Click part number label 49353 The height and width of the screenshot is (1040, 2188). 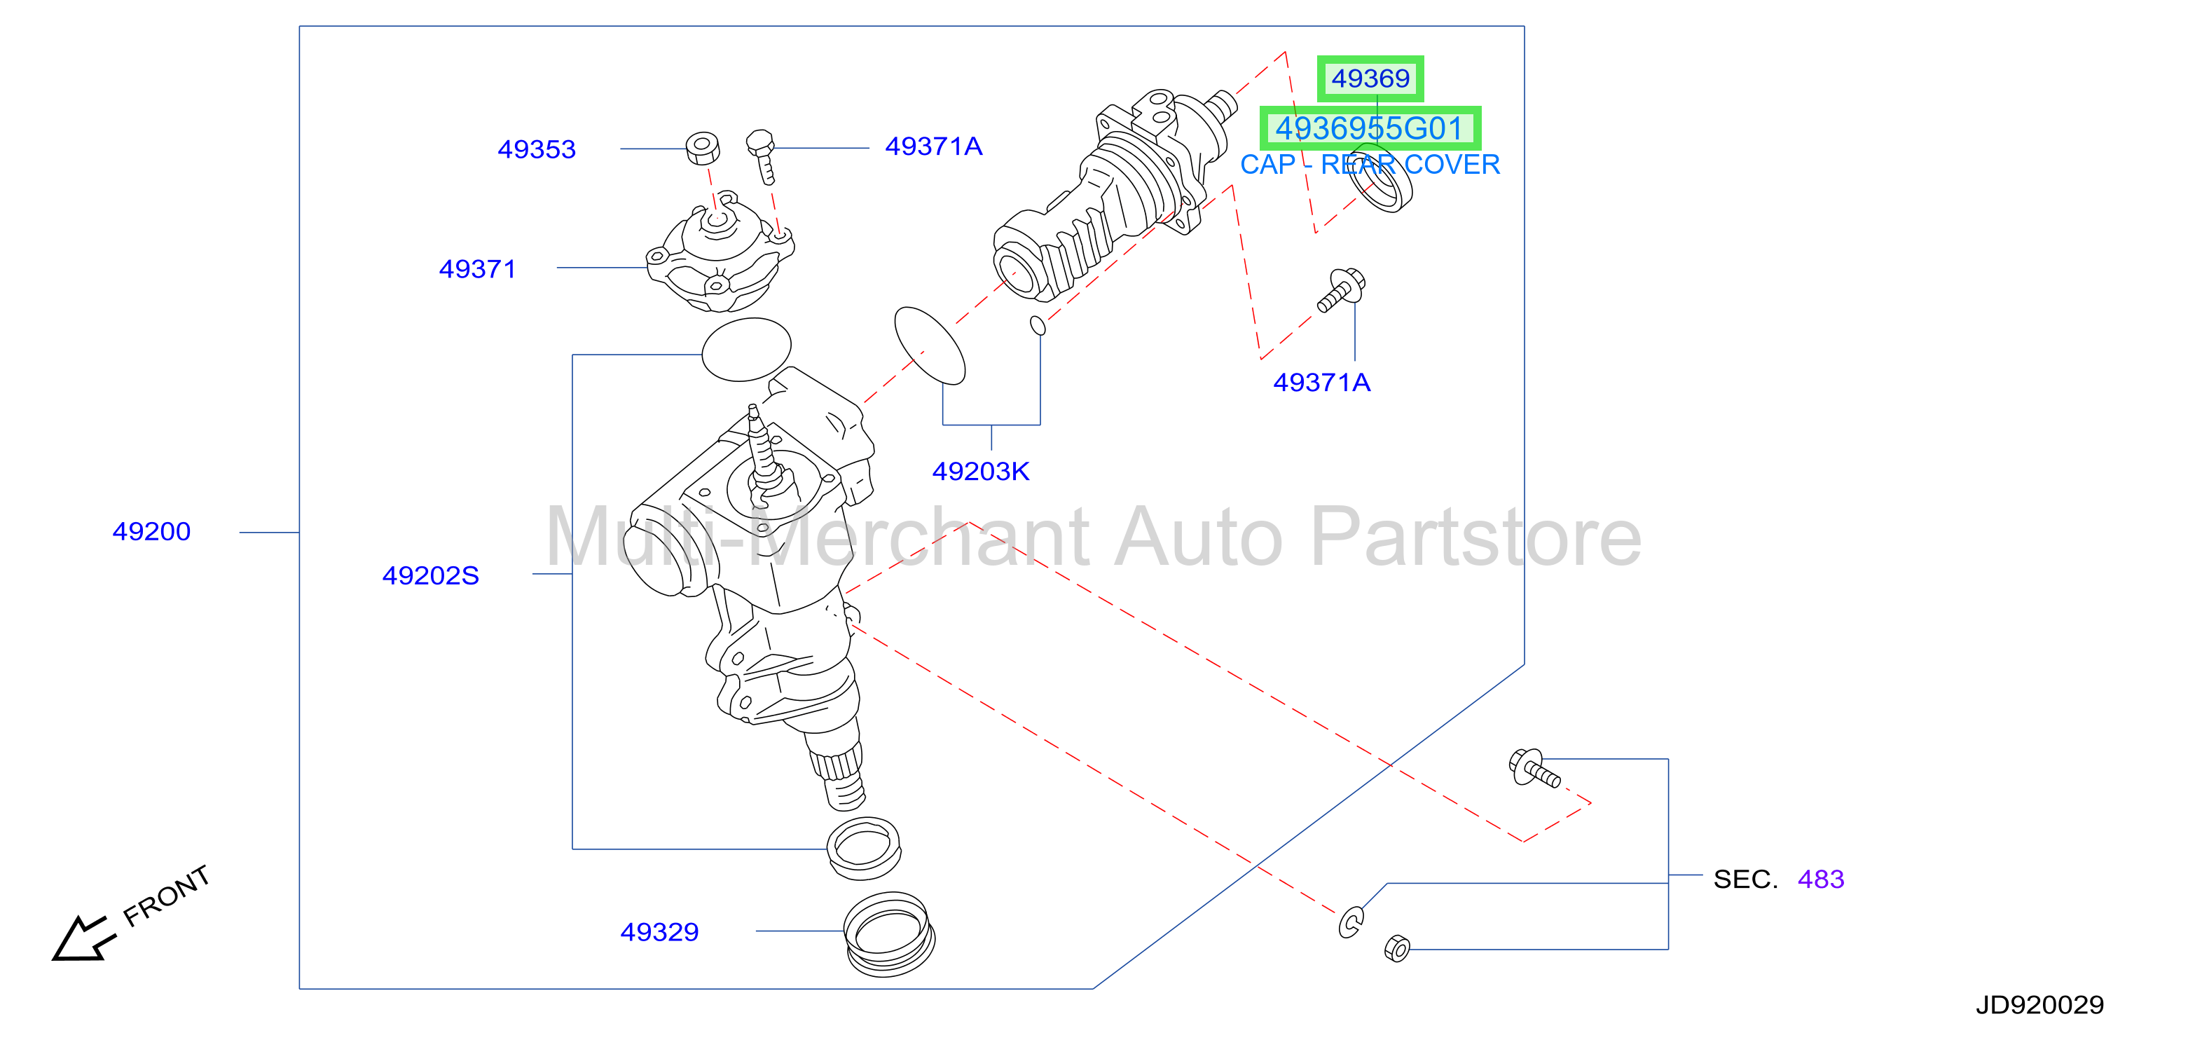point(536,149)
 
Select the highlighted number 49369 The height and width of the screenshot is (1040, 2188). point(1370,78)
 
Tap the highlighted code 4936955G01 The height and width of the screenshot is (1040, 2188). point(1369,128)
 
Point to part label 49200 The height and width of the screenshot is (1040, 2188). point(151,532)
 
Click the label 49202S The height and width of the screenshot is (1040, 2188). point(431,576)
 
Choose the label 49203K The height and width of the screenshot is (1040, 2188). point(980,472)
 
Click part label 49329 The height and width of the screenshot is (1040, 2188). point(659,932)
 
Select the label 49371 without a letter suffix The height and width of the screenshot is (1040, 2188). point(477,269)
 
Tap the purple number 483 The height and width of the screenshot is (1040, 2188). point(1820,880)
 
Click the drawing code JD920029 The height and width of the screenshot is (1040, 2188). point(2039,1005)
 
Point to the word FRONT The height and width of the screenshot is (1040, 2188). point(167,896)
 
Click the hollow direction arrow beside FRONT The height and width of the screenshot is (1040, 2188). point(81,939)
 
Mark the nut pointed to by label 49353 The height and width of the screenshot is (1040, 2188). point(703,148)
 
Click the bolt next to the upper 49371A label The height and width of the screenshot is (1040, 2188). point(762,156)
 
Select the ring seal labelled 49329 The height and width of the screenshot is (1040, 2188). point(888,933)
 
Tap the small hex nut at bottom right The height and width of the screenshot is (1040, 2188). point(1397,947)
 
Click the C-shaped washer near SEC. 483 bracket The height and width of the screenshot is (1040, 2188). point(1351,922)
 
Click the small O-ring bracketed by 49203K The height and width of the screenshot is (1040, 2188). point(1037,325)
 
